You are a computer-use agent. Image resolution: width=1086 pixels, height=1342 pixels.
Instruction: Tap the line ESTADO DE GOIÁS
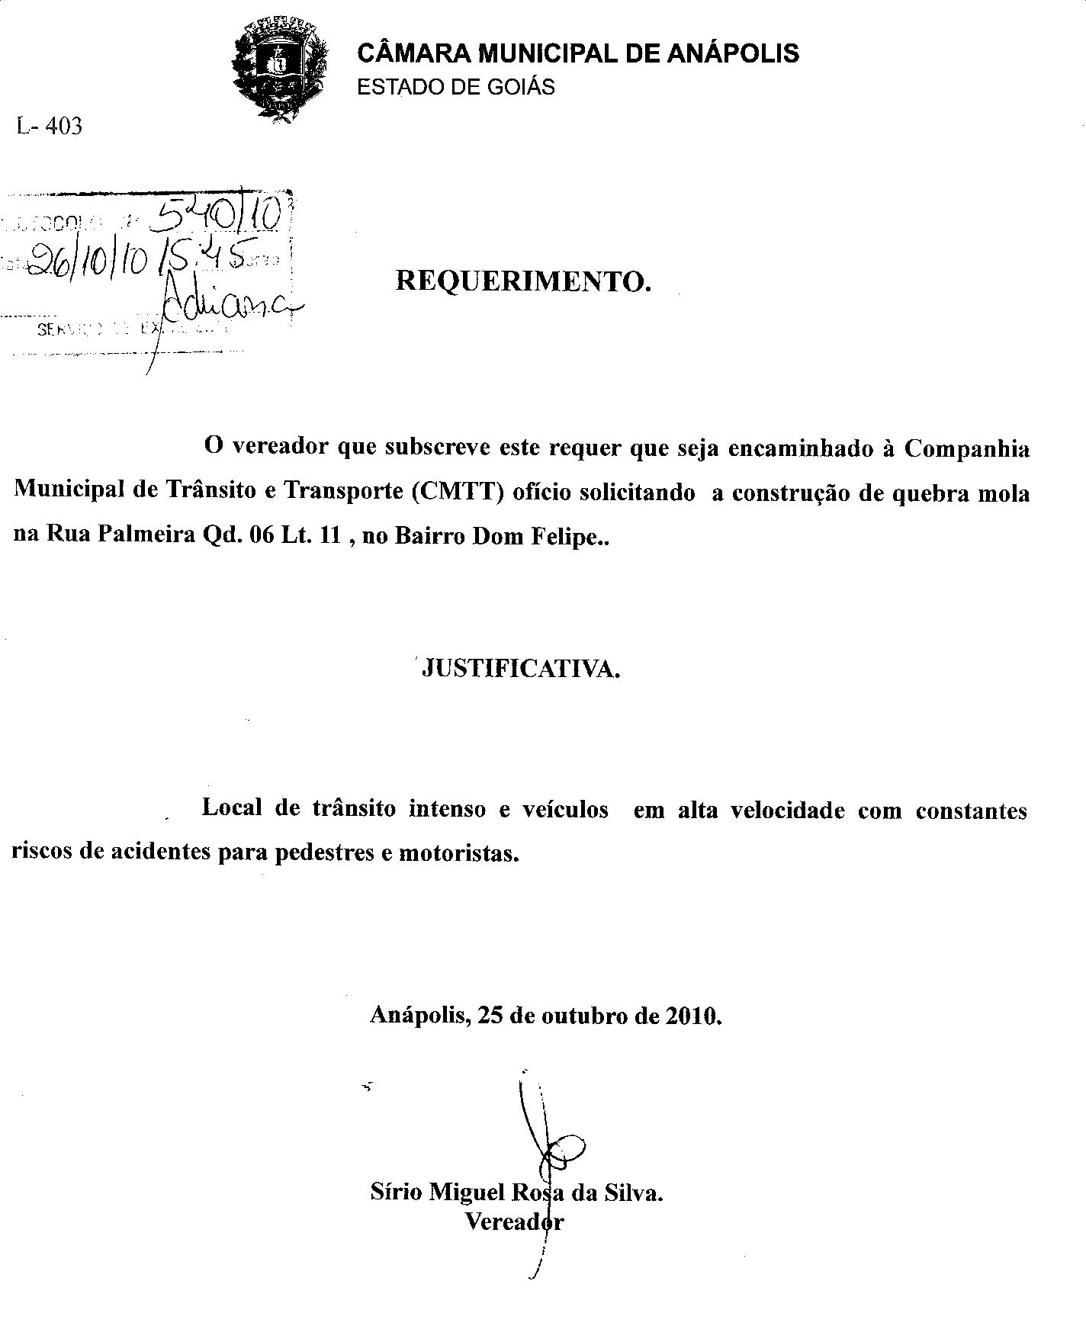point(456,87)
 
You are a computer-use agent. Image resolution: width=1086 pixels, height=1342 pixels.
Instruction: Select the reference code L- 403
point(49,126)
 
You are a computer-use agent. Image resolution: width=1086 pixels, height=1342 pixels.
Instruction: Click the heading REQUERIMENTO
point(523,281)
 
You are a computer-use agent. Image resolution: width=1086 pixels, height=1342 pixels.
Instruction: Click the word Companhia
point(966,448)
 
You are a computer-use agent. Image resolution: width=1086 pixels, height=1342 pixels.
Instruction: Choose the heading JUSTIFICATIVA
point(521,669)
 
